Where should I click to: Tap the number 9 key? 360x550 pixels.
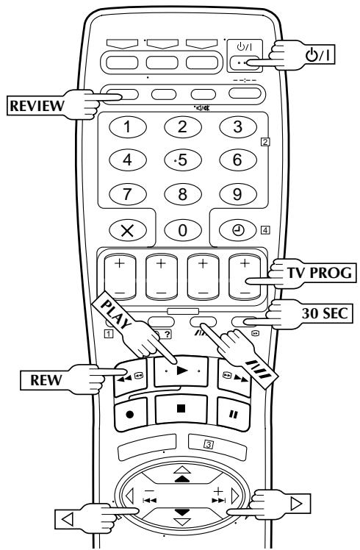click(238, 194)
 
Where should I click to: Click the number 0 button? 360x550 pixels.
click(183, 230)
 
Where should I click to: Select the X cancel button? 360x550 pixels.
click(128, 230)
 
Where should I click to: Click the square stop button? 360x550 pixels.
click(181, 409)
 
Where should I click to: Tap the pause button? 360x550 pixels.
click(233, 414)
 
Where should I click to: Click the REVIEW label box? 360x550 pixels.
click(36, 106)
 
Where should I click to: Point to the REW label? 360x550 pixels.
click(46, 380)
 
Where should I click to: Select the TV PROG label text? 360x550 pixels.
click(319, 273)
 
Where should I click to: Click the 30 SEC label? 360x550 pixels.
click(324, 313)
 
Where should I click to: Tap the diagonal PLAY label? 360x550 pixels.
click(115, 313)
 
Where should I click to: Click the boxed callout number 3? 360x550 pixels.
click(209, 445)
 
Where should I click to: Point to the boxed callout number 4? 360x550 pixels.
click(265, 230)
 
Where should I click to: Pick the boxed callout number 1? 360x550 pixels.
click(109, 333)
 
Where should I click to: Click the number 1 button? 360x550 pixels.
click(128, 126)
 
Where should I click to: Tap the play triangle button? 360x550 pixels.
click(181, 371)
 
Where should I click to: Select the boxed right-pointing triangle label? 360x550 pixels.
click(297, 504)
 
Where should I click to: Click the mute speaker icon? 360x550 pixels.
click(202, 108)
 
